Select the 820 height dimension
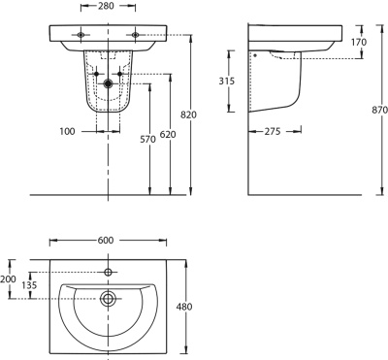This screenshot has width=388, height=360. tap(189, 115)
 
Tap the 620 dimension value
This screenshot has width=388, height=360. tap(168, 134)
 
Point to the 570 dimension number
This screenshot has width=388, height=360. tap(147, 139)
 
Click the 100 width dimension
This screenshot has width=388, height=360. tap(67, 131)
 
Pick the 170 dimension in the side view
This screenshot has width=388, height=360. tap(359, 42)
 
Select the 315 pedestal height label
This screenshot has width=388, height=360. tap(227, 81)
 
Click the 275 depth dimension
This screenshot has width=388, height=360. tap(273, 131)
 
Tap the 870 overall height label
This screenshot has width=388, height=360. tap(380, 110)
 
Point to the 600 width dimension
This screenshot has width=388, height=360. tap(106, 241)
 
